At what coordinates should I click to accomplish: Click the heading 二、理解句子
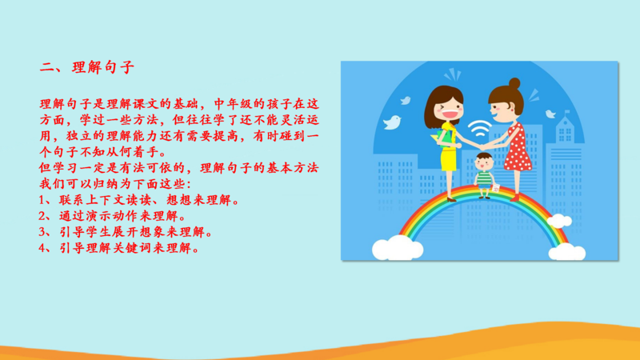click(86, 67)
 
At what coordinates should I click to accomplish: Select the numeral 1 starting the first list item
click(42, 200)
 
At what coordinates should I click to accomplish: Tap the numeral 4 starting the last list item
click(42, 248)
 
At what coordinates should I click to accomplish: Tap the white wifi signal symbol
click(479, 128)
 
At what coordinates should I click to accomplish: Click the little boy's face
click(485, 164)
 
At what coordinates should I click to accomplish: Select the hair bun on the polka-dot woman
click(514, 84)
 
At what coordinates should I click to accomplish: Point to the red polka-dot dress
click(518, 148)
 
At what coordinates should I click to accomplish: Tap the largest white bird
click(393, 122)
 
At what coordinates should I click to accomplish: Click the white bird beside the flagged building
click(550, 114)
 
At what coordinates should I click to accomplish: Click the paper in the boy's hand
click(496, 188)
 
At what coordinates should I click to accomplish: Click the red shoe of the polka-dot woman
click(515, 198)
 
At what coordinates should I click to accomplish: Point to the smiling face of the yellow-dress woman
click(448, 109)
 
